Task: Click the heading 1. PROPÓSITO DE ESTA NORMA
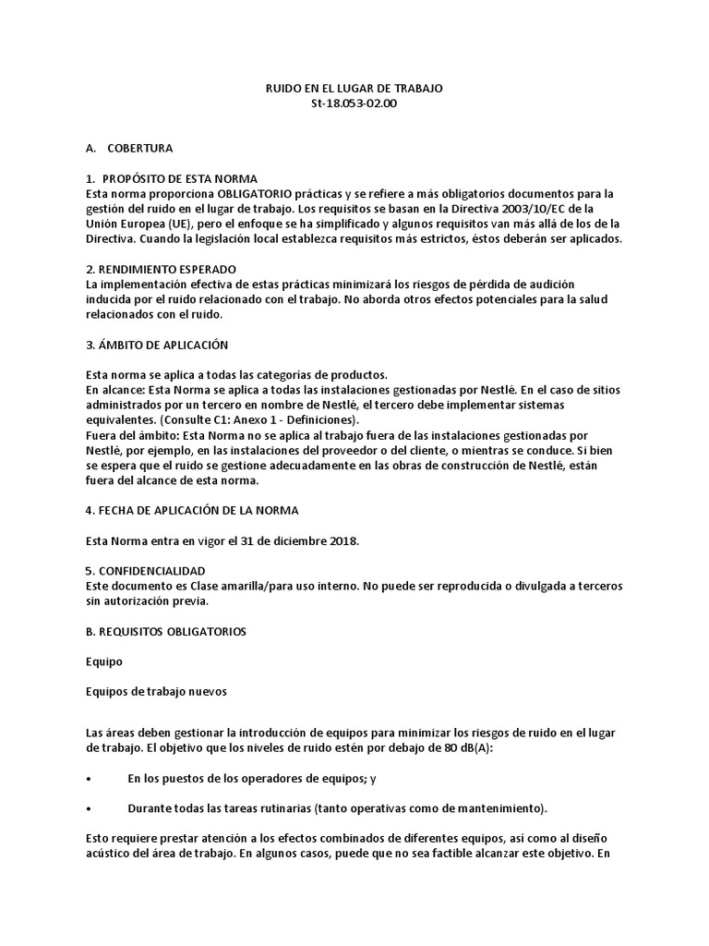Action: pyautogui.click(x=171, y=177)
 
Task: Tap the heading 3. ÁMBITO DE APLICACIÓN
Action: pyautogui.click(x=156, y=344)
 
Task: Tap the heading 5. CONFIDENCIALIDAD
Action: pyautogui.click(x=145, y=571)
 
